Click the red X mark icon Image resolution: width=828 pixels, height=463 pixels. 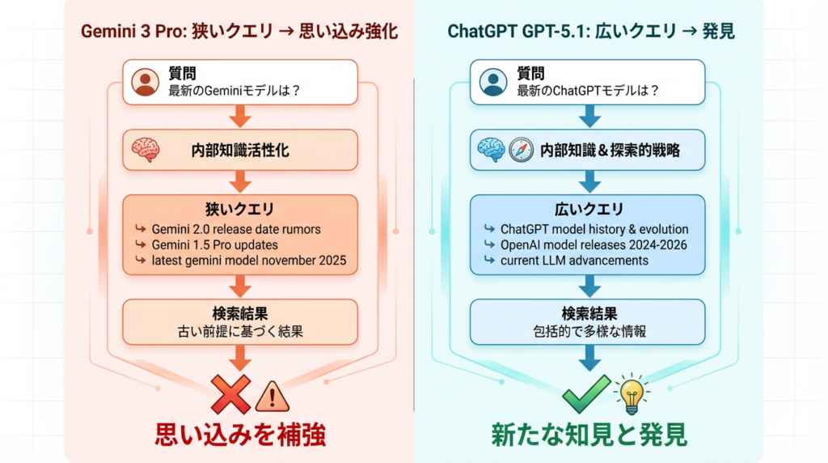(231, 394)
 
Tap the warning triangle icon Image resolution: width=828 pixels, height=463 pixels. (272, 397)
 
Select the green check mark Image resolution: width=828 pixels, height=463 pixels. (586, 393)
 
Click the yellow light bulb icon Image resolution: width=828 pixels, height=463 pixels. (632, 393)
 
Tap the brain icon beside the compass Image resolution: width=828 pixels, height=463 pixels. (492, 150)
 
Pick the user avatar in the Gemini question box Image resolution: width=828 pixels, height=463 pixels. (145, 83)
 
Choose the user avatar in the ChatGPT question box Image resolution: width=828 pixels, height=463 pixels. (492, 83)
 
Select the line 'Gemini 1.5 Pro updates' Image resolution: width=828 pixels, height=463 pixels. (214, 244)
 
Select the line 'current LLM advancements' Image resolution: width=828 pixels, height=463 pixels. (574, 260)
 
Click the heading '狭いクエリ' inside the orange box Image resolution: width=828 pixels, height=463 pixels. (239, 210)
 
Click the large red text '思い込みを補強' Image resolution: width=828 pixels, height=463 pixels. (240, 435)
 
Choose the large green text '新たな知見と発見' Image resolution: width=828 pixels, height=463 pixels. (589, 435)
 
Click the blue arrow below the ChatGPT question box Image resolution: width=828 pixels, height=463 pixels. (588, 118)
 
